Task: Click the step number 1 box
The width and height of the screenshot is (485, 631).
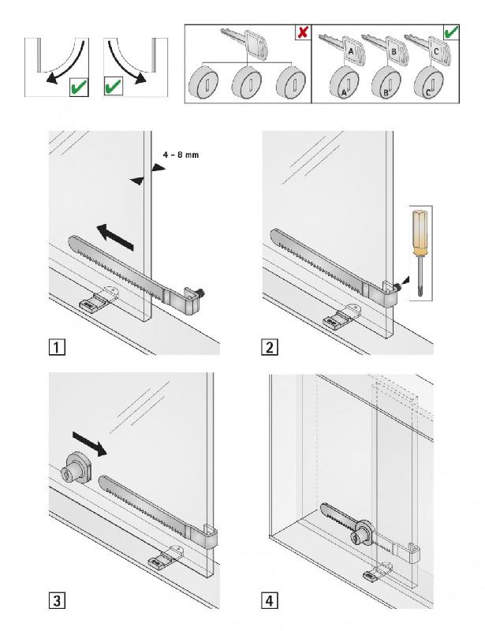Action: point(56,346)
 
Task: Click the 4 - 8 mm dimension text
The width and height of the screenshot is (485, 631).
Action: point(181,155)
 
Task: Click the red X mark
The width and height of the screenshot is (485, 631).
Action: point(301,33)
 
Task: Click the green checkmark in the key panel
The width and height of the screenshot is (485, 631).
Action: point(452,33)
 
